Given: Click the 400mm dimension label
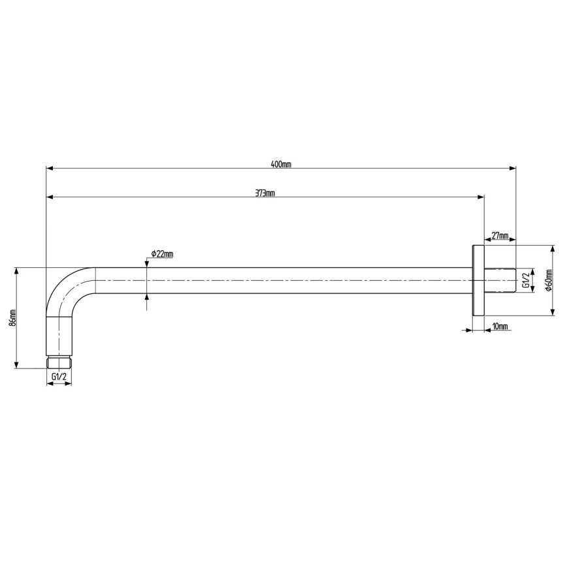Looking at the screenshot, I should pos(281,164).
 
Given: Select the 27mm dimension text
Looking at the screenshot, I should pos(500,235).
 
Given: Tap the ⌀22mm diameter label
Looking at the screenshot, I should pos(161,253).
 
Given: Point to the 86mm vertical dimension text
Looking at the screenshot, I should pos(12,317).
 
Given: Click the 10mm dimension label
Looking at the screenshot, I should pos(500,325).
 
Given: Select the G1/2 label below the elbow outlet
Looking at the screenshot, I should pos(59,377).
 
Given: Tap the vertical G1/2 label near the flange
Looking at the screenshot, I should pos(525,281).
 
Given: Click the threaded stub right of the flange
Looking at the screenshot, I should pos(500,280).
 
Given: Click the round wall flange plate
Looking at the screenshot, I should pos(478,280).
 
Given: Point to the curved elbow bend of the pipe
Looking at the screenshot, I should pos(65,287).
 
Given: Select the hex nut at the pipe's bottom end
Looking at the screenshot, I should pos(59,362).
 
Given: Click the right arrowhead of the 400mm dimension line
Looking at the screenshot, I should pos(512,169).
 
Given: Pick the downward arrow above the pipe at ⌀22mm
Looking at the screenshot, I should pos(147,263).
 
